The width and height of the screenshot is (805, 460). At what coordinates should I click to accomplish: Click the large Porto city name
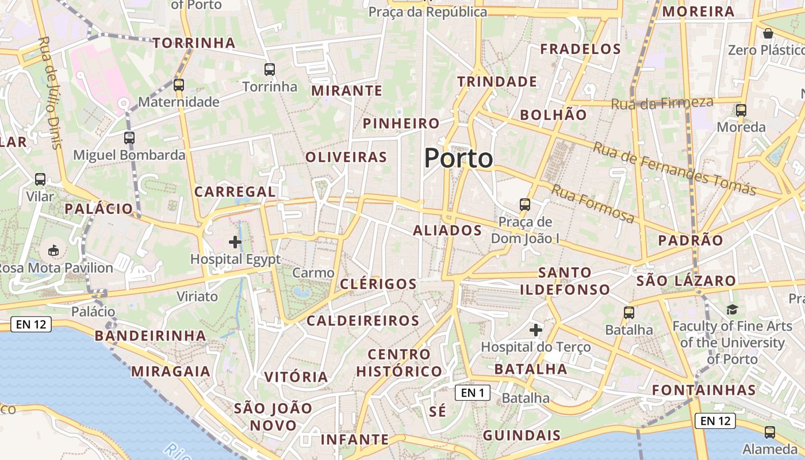tap(458, 158)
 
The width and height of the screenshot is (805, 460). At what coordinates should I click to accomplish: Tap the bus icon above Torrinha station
tap(270, 70)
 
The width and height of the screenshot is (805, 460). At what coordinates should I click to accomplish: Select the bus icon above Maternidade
tap(179, 85)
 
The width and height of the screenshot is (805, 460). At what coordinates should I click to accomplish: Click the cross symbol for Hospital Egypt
tap(235, 241)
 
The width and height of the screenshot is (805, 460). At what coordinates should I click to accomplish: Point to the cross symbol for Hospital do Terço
tap(535, 330)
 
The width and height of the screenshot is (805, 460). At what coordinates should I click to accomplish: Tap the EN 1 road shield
tap(473, 393)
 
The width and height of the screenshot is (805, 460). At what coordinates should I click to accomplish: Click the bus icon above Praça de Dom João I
tap(524, 205)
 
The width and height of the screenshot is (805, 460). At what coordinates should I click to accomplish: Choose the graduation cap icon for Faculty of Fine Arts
tap(732, 310)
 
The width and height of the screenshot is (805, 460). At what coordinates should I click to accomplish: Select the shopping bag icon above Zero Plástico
tap(768, 33)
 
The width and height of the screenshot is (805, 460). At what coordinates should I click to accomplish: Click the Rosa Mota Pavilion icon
tap(53, 250)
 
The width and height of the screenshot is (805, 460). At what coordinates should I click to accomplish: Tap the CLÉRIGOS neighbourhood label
tap(378, 284)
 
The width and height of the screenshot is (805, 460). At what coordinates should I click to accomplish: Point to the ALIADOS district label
tap(447, 231)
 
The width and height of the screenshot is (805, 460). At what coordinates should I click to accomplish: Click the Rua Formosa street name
tap(593, 203)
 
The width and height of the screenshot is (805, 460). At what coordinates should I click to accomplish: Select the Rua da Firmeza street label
tap(662, 103)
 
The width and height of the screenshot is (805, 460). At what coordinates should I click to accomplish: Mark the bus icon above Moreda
tap(741, 110)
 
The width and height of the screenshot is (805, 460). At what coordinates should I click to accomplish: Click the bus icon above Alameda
tap(770, 432)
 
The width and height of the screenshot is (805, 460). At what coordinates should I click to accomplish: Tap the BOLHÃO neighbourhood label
tap(553, 115)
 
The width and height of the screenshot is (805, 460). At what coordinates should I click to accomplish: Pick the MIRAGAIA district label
tap(171, 371)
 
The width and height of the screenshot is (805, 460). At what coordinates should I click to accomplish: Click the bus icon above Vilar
tap(40, 179)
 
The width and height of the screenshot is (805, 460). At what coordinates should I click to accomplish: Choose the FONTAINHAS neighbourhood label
tap(704, 390)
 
